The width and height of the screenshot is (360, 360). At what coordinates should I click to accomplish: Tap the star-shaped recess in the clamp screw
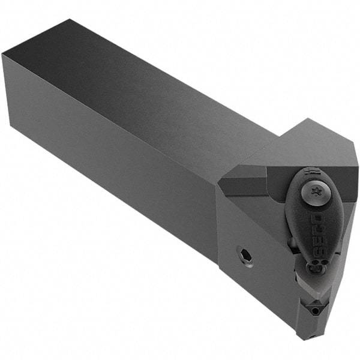313,192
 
